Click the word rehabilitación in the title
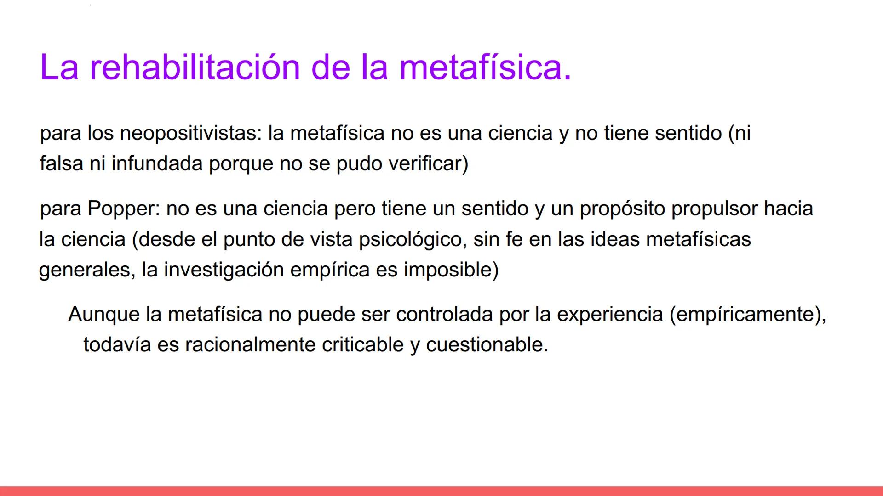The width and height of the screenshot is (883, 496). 195,67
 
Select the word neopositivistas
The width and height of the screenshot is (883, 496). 190,133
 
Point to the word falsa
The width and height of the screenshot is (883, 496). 61,163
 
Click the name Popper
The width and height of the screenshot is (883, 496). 123,209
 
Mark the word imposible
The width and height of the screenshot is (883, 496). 451,270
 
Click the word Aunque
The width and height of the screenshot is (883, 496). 103,315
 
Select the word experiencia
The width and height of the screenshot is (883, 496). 610,315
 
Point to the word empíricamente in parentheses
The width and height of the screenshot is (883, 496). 745,315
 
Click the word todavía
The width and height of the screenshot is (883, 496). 117,345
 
